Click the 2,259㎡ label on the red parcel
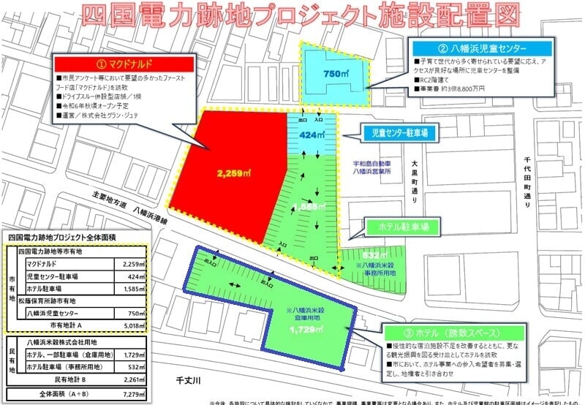coord(232,173)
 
